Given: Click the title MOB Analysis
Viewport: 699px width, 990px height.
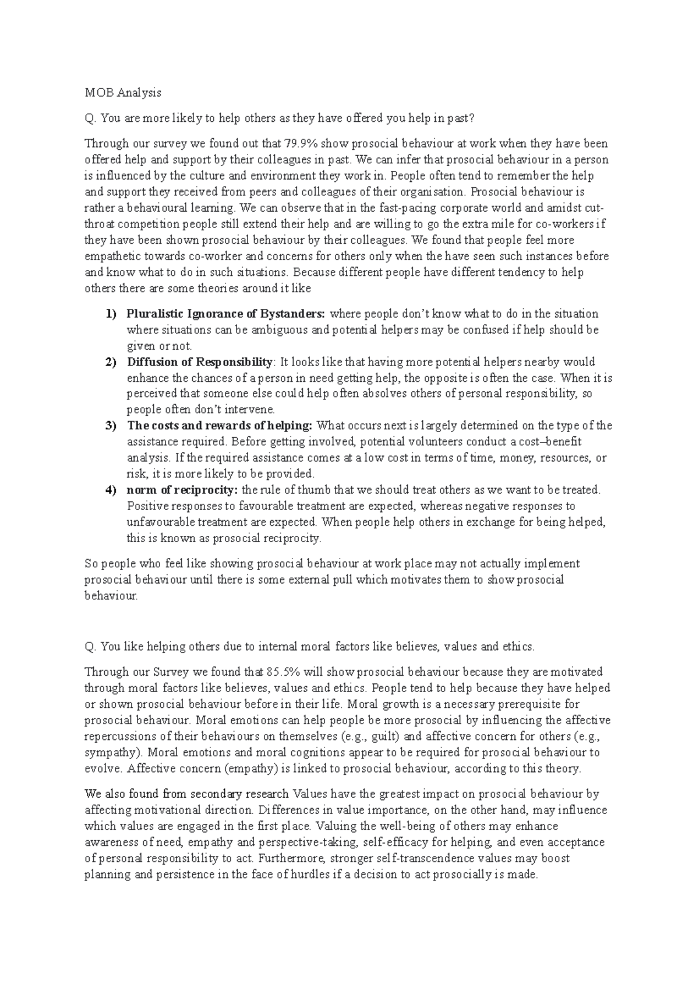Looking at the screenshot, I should pos(122,93).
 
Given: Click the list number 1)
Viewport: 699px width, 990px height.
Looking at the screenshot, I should pos(111,314).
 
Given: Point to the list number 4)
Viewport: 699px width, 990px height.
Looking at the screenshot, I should pos(111,490).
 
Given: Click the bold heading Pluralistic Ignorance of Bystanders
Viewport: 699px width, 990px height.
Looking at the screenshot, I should pos(227,314).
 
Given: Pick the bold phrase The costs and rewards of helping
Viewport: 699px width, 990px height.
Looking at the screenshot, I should pos(220,426).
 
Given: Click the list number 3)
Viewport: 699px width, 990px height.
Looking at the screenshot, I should pos(111,426).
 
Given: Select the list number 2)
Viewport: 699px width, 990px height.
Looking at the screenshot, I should pos(111,362).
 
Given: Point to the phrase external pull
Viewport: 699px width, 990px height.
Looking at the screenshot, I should pos(322,580).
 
